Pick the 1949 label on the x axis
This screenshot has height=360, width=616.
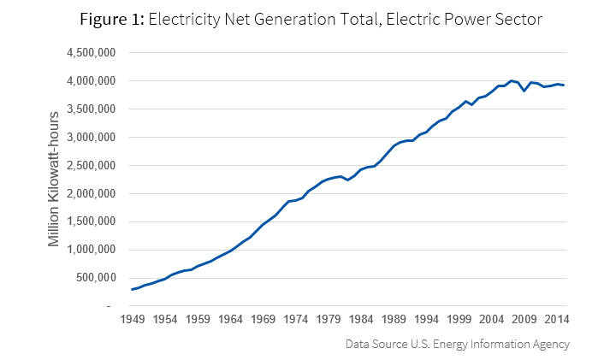click(132, 320)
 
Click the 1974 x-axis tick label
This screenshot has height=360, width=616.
click(296, 320)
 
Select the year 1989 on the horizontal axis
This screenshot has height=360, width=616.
click(394, 320)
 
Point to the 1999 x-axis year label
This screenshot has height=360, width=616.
click(460, 320)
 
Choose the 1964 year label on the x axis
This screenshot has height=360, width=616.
click(230, 320)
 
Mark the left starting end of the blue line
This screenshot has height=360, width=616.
click(132, 289)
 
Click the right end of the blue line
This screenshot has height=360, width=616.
click(564, 85)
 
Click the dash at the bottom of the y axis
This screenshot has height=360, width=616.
click(109, 306)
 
